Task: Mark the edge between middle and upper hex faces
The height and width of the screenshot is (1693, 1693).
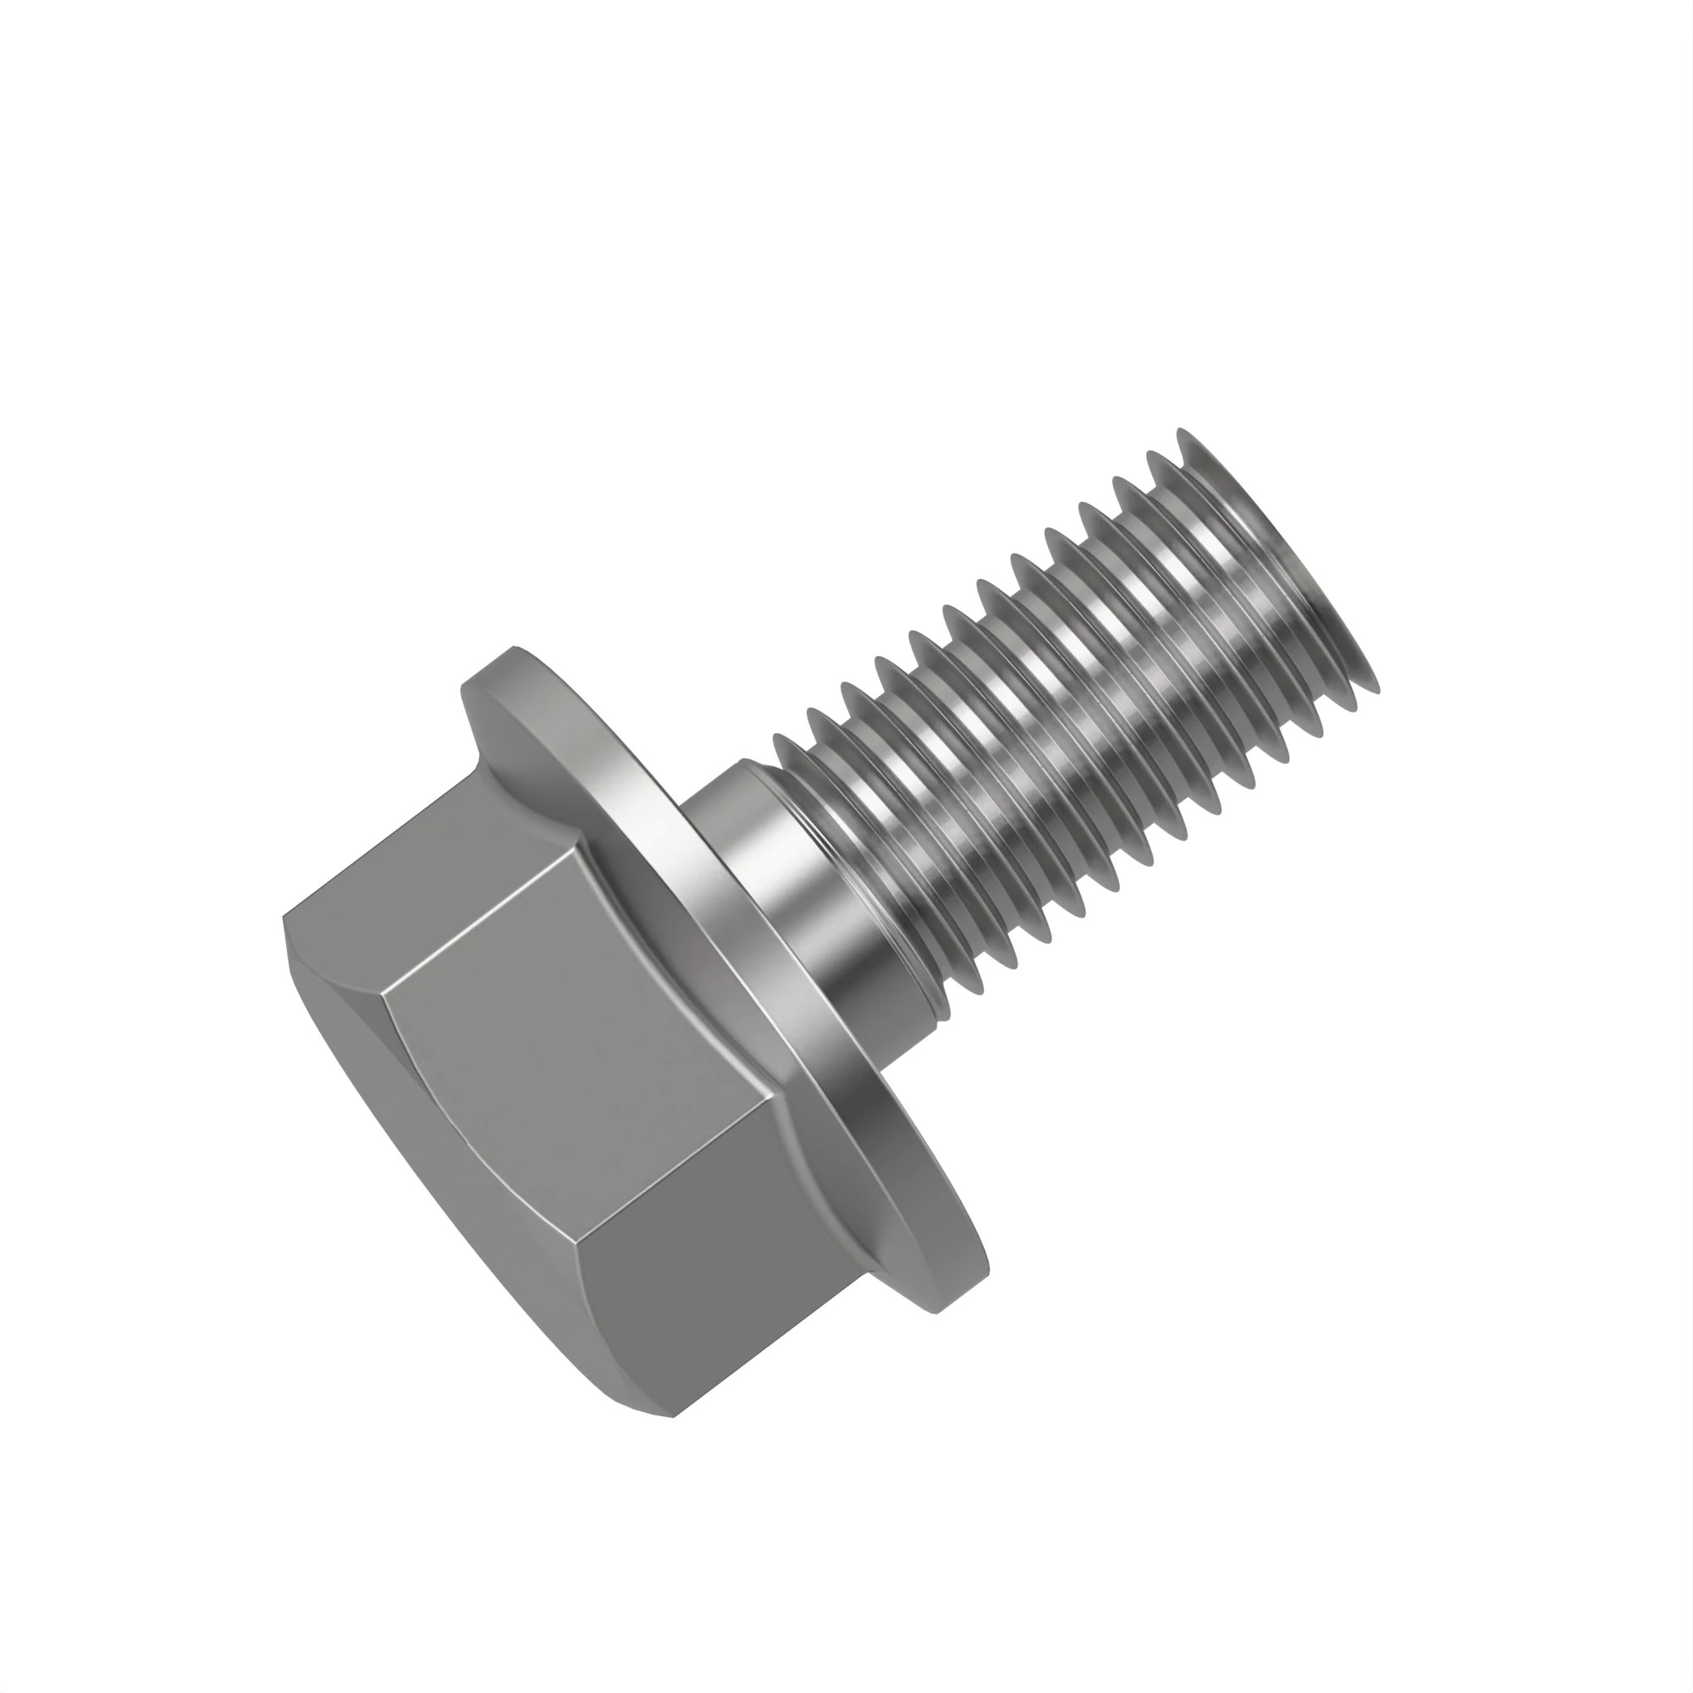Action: [x=491, y=912]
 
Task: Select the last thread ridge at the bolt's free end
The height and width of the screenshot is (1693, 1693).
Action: [x=1279, y=561]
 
